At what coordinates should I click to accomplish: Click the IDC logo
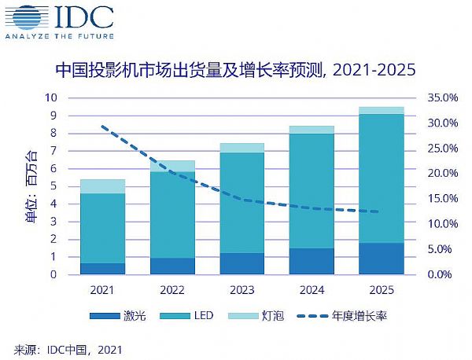pos(58,20)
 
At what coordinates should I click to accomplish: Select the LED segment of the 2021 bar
pos(103,228)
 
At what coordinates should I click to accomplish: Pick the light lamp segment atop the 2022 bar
pos(172,166)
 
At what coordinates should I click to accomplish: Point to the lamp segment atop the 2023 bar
pos(242,148)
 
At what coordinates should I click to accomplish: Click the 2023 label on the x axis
pos(242,289)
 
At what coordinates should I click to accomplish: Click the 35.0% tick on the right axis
pos(441,98)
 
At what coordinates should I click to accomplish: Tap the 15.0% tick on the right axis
pos(441,199)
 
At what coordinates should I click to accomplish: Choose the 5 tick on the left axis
pos(53,186)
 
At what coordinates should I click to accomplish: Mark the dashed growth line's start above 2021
pos(103,126)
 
